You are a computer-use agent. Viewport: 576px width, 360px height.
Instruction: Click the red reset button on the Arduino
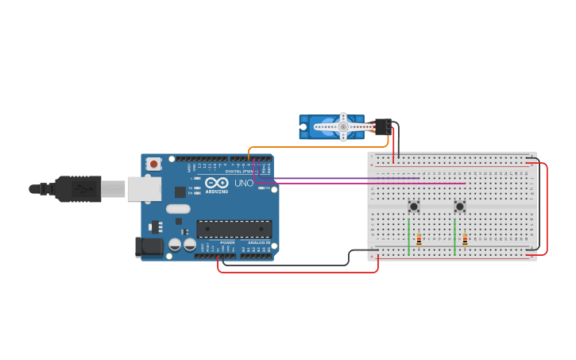pyautogui.click(x=153, y=164)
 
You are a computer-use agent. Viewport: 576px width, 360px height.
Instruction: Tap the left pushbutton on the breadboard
pyautogui.click(x=414, y=207)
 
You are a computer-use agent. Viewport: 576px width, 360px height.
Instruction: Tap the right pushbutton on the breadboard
pyautogui.click(x=460, y=207)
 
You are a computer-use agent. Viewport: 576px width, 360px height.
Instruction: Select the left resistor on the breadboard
pyautogui.click(x=419, y=239)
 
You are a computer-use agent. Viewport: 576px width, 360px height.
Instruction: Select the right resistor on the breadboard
pyautogui.click(x=465, y=239)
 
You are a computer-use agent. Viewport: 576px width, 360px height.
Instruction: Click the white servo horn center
pyautogui.click(x=343, y=126)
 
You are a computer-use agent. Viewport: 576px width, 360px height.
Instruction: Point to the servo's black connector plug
pyautogui.click(x=383, y=126)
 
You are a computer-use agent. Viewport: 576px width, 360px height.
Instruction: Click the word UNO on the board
pyautogui.click(x=244, y=183)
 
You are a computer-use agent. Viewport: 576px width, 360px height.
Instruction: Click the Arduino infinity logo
pyautogui.click(x=217, y=182)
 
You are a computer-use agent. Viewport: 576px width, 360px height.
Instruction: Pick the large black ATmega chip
pyautogui.click(x=234, y=229)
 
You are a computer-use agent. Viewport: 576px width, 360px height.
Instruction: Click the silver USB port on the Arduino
pyautogui.click(x=144, y=189)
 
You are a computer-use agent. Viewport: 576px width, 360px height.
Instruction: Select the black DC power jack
pyautogui.click(x=149, y=247)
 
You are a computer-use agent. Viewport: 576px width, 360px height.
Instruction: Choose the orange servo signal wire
pyautogui.click(x=318, y=147)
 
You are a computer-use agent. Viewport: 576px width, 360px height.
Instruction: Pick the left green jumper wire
pyautogui.click(x=409, y=238)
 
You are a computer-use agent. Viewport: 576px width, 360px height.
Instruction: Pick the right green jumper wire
pyautogui.click(x=455, y=238)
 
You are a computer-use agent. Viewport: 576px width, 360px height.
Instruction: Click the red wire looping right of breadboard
pyautogui.click(x=547, y=208)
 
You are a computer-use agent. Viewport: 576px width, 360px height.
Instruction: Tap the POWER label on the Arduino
pyautogui.click(x=227, y=242)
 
